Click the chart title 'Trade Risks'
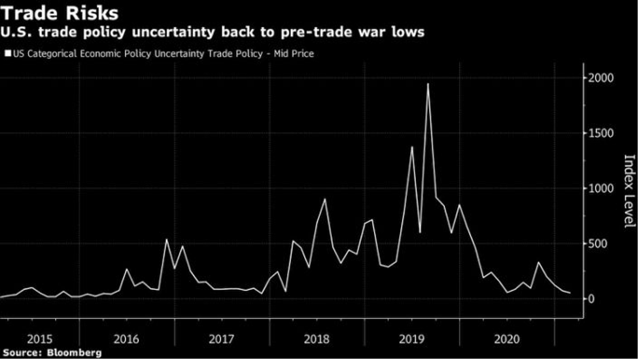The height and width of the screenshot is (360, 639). (60, 13)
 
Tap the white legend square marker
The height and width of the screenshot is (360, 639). (7, 54)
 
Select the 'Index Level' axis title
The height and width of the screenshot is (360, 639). (629, 192)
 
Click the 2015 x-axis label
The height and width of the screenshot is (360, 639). (41, 339)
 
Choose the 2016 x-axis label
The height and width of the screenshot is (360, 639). (127, 339)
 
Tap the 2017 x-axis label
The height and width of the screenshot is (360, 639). (221, 339)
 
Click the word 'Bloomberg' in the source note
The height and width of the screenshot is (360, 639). (75, 353)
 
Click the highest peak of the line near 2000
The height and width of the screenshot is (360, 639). (428, 84)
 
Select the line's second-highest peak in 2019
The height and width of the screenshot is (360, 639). (412, 147)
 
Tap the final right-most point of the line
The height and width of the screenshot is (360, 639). (570, 293)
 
